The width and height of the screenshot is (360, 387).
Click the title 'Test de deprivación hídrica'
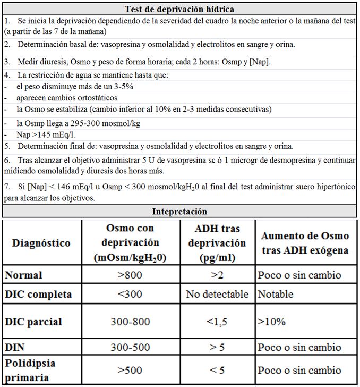click(179, 9)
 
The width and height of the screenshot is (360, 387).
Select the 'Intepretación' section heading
click(179, 211)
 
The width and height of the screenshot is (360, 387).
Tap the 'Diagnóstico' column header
click(42, 243)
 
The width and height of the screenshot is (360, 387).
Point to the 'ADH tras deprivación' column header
click(217, 242)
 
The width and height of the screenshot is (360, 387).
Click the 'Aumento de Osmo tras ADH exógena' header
click(305, 242)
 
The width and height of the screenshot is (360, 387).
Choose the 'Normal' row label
click(23, 275)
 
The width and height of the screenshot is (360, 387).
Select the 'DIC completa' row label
click(38, 293)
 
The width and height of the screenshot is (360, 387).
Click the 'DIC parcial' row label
click(33, 322)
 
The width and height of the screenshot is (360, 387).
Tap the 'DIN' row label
click(14, 347)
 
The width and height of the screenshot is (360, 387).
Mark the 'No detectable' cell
click(217, 293)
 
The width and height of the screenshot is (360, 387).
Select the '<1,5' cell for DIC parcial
click(217, 322)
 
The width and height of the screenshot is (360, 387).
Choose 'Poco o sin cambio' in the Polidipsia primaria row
click(299, 370)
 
